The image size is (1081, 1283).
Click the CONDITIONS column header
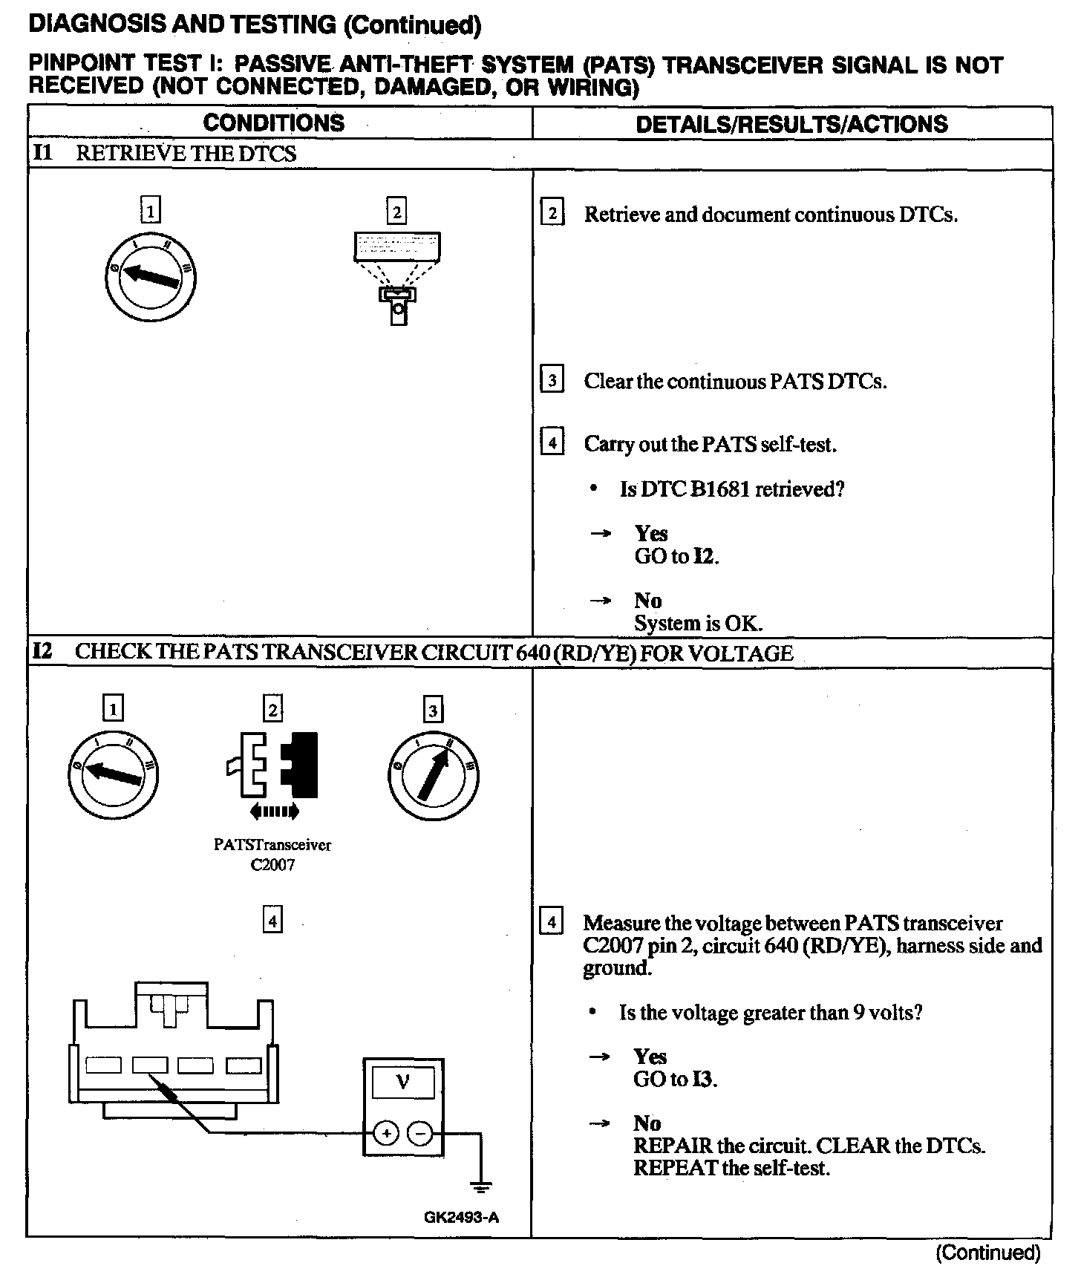(x=273, y=123)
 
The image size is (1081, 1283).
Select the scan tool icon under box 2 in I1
(x=397, y=278)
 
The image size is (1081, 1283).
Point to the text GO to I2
(x=676, y=556)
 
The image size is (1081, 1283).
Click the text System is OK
(x=698, y=623)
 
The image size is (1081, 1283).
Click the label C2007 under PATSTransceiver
(x=272, y=865)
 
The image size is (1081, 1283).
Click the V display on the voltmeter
(x=403, y=1082)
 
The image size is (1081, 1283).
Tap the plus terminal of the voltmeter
(x=386, y=1133)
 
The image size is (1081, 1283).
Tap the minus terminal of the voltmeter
(x=420, y=1133)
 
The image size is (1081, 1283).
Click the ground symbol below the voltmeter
(x=481, y=1187)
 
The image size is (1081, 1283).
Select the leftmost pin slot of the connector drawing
(x=103, y=1065)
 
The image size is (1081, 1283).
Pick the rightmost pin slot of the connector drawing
(x=244, y=1065)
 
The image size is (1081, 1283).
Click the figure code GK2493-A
(x=461, y=1218)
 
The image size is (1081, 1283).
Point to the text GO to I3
(x=676, y=1079)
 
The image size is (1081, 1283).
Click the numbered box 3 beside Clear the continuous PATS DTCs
(x=552, y=381)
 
